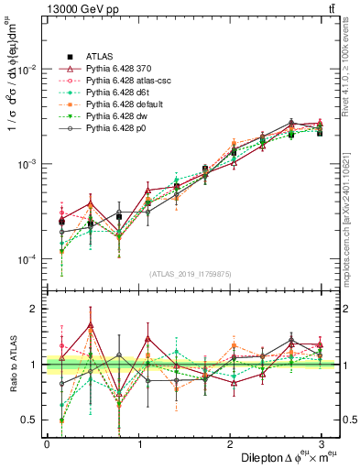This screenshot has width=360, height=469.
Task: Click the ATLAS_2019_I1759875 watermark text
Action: [x=184, y=274]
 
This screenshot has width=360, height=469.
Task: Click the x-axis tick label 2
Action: [x=230, y=443]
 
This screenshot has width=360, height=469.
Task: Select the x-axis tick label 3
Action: [x=322, y=443]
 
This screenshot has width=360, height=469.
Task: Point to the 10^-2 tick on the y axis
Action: [x=27, y=70]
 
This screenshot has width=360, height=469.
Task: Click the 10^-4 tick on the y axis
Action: [x=27, y=260]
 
